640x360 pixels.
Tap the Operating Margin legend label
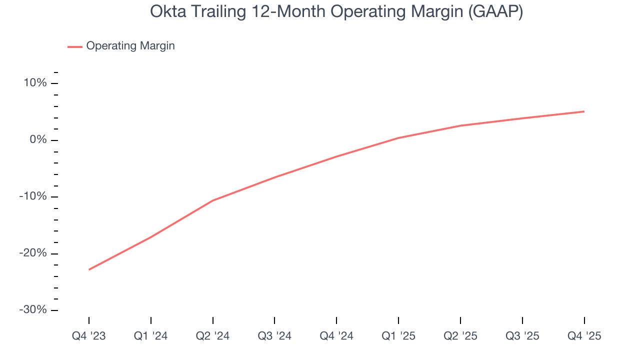coord(130,46)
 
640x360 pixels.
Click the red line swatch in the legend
coord(75,46)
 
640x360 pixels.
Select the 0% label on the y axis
coord(38,139)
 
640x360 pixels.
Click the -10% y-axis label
coord(33,196)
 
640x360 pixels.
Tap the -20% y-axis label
coord(33,253)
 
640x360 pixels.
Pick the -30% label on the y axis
coord(33,309)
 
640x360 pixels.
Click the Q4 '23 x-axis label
coord(89,336)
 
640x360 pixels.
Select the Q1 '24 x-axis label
coord(151,336)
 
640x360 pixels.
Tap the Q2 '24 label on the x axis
coord(213,336)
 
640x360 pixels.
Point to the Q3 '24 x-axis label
coord(274,336)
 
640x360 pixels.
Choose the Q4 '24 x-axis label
coord(336,336)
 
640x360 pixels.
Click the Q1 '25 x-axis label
coord(398,336)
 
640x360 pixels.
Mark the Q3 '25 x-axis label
coord(522,336)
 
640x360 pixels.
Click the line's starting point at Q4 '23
coord(89,269)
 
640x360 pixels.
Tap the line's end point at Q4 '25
coord(584,111)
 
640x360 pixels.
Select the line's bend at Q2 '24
coord(213,200)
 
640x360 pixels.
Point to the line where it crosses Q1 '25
coord(398,137)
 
